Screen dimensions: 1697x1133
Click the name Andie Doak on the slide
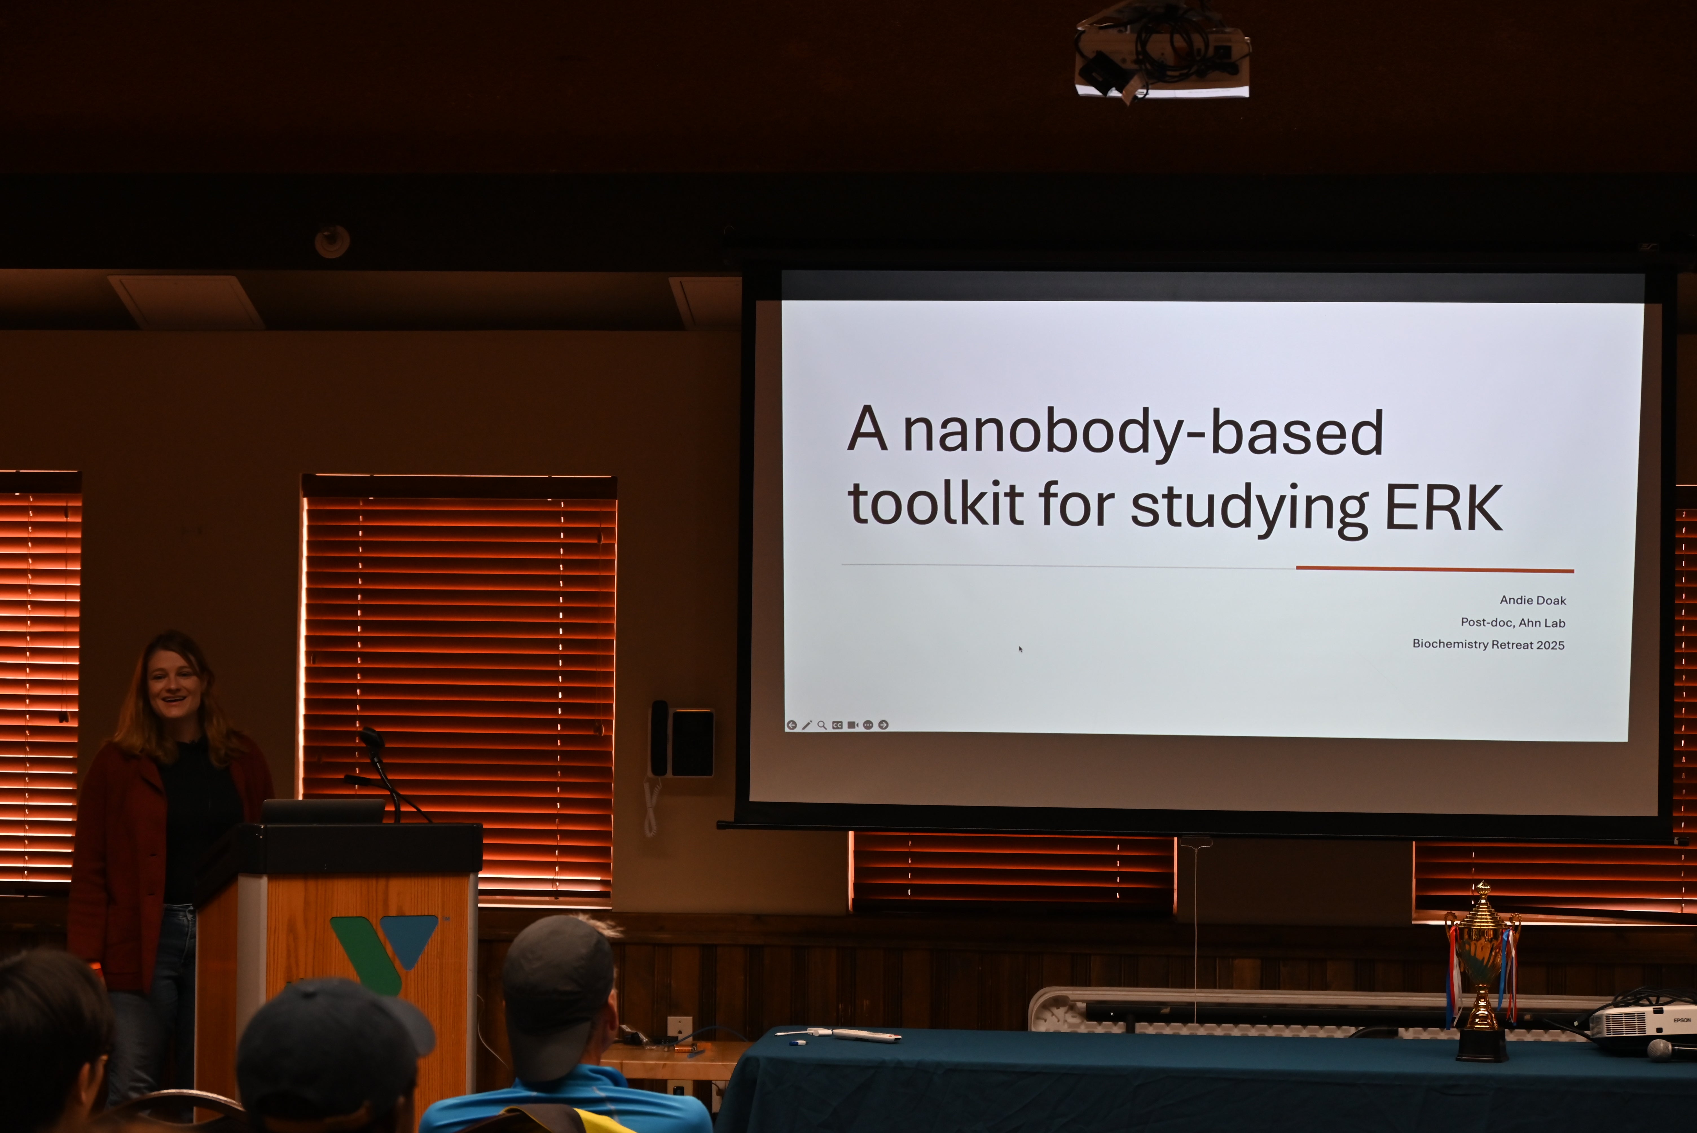[1532, 600]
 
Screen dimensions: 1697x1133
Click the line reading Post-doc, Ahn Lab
[1513, 622]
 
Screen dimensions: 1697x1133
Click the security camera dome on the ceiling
[332, 241]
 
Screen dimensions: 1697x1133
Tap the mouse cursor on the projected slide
[1020, 649]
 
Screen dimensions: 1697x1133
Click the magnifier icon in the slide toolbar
[822, 725]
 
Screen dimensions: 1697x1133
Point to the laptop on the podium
[323, 811]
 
